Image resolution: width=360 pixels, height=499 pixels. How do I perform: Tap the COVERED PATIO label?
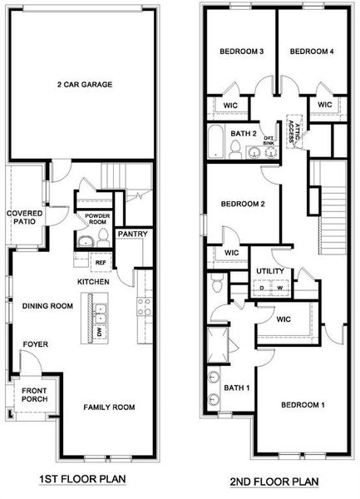[25, 218]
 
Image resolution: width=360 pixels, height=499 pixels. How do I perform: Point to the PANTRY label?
[132, 234]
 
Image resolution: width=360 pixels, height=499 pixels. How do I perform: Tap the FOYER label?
[35, 343]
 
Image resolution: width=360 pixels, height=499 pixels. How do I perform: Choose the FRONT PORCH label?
[34, 395]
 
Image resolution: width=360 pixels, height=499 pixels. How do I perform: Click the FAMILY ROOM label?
[108, 407]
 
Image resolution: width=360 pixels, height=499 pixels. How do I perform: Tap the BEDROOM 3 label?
[241, 52]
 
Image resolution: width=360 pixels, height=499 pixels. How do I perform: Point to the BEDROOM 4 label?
[312, 52]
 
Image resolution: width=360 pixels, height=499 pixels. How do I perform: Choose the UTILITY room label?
[270, 271]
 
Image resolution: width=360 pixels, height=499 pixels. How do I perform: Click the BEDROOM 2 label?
[242, 204]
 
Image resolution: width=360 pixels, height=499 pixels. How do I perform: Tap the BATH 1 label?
[236, 388]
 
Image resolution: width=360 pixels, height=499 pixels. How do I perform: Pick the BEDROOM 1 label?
[303, 405]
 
